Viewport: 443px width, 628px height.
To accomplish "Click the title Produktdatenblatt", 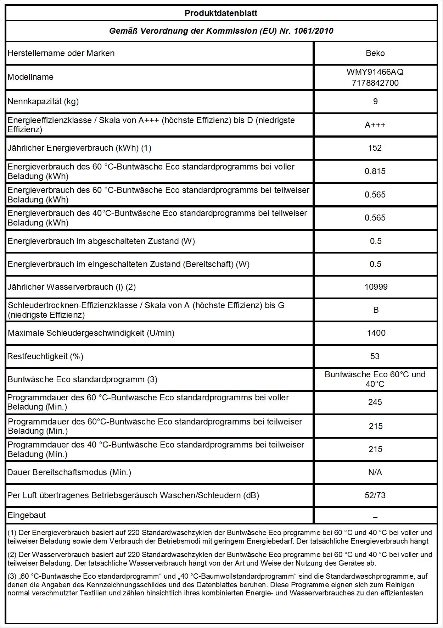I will point(221,13).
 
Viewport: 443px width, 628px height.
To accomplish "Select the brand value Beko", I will point(375,53).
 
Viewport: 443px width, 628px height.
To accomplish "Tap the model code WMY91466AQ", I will point(375,72).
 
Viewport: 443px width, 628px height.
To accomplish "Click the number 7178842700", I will point(375,83).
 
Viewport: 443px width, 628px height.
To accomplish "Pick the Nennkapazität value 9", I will point(375,101).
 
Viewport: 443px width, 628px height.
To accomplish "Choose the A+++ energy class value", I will point(375,125).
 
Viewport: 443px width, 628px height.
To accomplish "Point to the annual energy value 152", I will point(375,148).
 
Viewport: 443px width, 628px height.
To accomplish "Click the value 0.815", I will point(375,171).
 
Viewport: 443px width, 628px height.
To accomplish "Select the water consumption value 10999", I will point(376,287).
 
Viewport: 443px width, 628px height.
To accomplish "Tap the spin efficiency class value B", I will point(376,310).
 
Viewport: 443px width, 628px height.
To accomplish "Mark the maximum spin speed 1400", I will point(376,333).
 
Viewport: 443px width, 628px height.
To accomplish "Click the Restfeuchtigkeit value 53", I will point(375,356).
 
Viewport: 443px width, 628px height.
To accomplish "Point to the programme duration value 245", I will point(375,402).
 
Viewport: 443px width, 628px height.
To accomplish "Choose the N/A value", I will point(375,472).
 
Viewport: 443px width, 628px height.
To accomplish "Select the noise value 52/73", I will point(375,495).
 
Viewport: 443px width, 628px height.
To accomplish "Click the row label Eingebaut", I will point(27,515).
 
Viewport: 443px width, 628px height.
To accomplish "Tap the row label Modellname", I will point(30,77).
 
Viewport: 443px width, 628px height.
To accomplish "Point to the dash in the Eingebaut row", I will point(375,517).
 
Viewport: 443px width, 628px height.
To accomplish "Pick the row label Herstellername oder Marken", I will point(61,53).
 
